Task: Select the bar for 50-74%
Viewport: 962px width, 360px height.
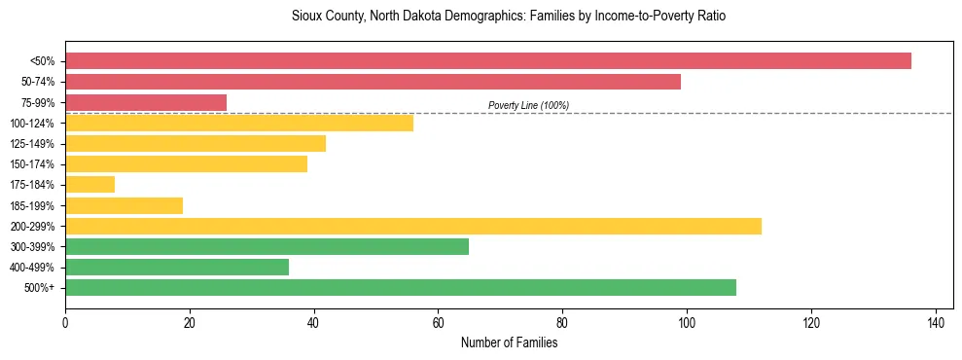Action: coord(373,82)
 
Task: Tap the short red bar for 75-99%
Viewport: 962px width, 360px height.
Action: coord(146,102)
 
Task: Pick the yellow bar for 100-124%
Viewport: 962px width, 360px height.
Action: coord(239,123)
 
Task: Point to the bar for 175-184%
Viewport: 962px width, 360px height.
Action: coord(89,185)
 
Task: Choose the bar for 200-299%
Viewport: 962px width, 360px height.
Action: coord(413,226)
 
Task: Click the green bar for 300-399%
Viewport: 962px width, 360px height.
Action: coord(267,246)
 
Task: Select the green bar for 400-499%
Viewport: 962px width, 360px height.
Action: coord(177,267)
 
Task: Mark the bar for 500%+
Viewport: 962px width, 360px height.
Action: coord(401,287)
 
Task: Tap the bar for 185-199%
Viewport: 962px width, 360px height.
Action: coord(124,205)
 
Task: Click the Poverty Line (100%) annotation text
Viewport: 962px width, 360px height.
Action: coord(528,105)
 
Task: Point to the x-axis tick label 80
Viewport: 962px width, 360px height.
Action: coord(562,323)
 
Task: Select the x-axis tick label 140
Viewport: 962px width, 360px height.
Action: coord(935,323)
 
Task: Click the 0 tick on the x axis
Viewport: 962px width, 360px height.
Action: coord(65,323)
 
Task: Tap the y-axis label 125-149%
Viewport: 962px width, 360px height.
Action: coord(33,144)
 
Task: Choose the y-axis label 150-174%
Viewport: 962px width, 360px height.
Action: coord(33,164)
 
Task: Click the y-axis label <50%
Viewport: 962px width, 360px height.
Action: coord(43,61)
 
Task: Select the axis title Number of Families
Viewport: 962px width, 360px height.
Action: coord(509,342)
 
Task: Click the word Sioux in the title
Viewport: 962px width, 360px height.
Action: coord(305,17)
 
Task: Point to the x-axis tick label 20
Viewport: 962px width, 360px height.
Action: coord(190,323)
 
